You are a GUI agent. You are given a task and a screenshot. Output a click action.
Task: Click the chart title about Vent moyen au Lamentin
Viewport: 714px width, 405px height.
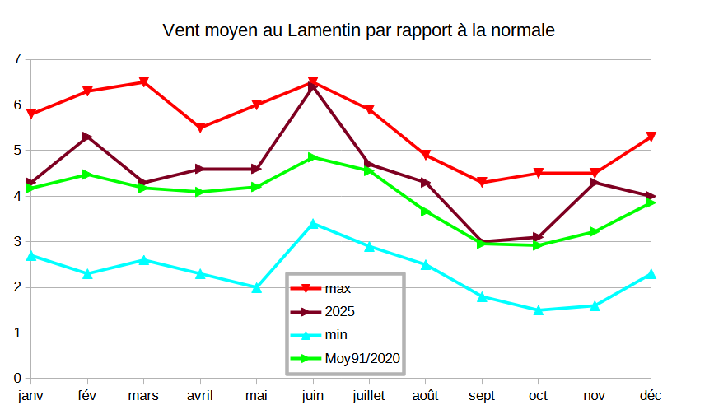358,31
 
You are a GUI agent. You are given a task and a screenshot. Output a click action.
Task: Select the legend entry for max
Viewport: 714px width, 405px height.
338,288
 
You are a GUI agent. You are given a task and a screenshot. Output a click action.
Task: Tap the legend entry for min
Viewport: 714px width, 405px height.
335,335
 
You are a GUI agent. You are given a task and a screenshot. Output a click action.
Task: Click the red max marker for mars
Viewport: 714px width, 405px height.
143,82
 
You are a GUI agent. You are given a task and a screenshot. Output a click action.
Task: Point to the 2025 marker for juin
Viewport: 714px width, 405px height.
313,86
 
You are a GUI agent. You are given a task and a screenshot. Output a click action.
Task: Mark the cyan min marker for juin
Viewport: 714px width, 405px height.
313,224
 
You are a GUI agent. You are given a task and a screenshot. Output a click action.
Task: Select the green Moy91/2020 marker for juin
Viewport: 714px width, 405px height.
313,157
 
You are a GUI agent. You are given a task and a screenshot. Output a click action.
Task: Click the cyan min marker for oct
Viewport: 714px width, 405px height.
538,310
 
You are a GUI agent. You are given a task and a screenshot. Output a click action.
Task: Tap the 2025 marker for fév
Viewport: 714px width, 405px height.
87,137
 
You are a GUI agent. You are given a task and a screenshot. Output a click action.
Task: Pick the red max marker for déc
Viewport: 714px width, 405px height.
651,137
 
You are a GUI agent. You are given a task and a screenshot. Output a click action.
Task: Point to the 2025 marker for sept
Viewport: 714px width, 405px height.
482,242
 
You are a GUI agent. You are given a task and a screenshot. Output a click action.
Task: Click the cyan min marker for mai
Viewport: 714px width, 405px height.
257,287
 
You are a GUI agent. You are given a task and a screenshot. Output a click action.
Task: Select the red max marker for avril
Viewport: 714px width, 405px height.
200,128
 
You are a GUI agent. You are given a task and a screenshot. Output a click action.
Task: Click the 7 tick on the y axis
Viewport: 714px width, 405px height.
17,59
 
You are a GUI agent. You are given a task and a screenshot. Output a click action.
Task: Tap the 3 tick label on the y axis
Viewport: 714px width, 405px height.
17,242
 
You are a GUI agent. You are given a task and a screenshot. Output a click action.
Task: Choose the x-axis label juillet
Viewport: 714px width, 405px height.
369,396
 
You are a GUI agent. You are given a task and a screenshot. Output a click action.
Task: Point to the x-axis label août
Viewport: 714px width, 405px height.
426,396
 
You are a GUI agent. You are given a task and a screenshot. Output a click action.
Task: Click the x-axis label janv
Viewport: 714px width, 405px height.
30,396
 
